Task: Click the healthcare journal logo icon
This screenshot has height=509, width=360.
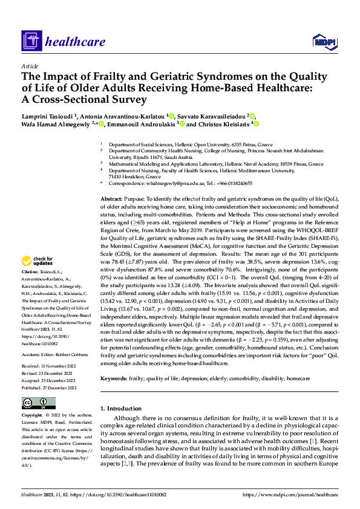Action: coord(31,42)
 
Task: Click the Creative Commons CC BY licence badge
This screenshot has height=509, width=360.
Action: coord(39,403)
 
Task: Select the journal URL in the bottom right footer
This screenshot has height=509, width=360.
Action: coord(290,494)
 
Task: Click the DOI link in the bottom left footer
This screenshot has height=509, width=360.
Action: coord(116,494)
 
